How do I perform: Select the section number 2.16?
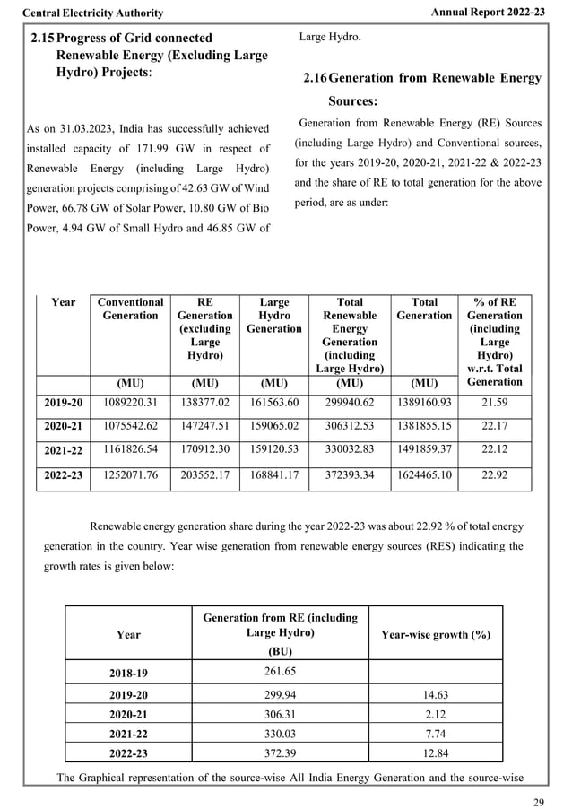(316, 79)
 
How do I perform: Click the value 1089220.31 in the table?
(130, 404)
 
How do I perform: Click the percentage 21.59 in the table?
(495, 404)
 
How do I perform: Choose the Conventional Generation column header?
(130, 309)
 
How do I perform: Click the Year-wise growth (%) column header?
(435, 634)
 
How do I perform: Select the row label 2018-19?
(128, 672)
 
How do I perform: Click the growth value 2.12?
(435, 715)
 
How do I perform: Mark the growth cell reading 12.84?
(435, 752)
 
